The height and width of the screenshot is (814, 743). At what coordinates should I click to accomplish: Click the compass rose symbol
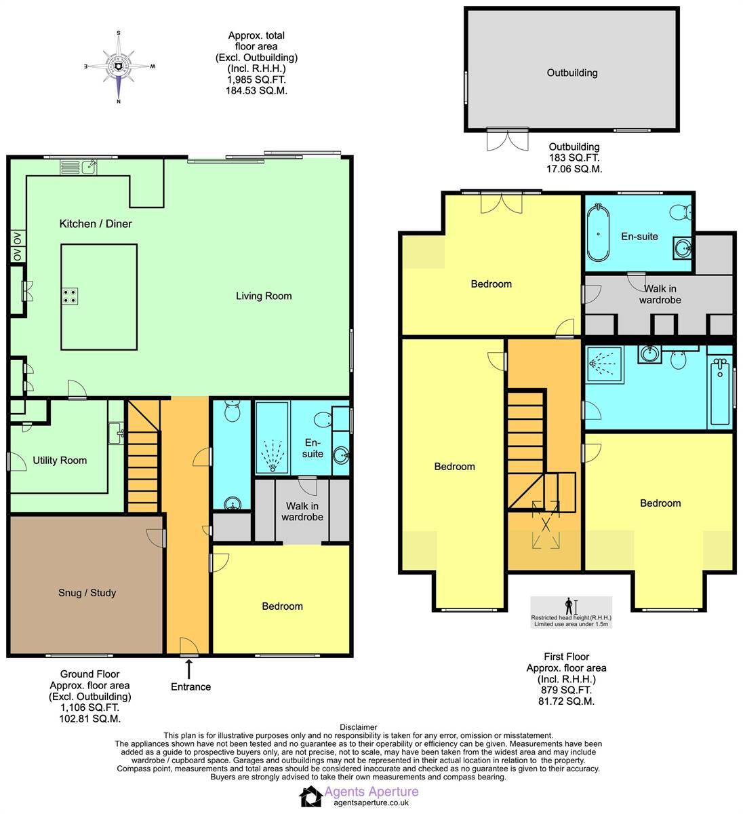pos(119,66)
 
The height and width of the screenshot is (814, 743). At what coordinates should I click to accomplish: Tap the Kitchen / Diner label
pos(96,224)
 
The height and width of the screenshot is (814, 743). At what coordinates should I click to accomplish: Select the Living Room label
pos(264,296)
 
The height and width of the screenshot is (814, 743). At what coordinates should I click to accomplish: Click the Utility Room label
pos(60,461)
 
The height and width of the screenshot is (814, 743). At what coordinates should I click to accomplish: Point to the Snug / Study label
pos(87,593)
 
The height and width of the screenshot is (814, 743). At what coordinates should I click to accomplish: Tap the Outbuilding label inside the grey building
pos(572,73)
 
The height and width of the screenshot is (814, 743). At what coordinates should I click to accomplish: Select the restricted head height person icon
pos(569,605)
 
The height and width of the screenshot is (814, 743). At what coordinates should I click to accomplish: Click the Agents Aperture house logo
pos(312,797)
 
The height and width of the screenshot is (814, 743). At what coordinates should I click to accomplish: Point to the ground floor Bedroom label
pos(282,606)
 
